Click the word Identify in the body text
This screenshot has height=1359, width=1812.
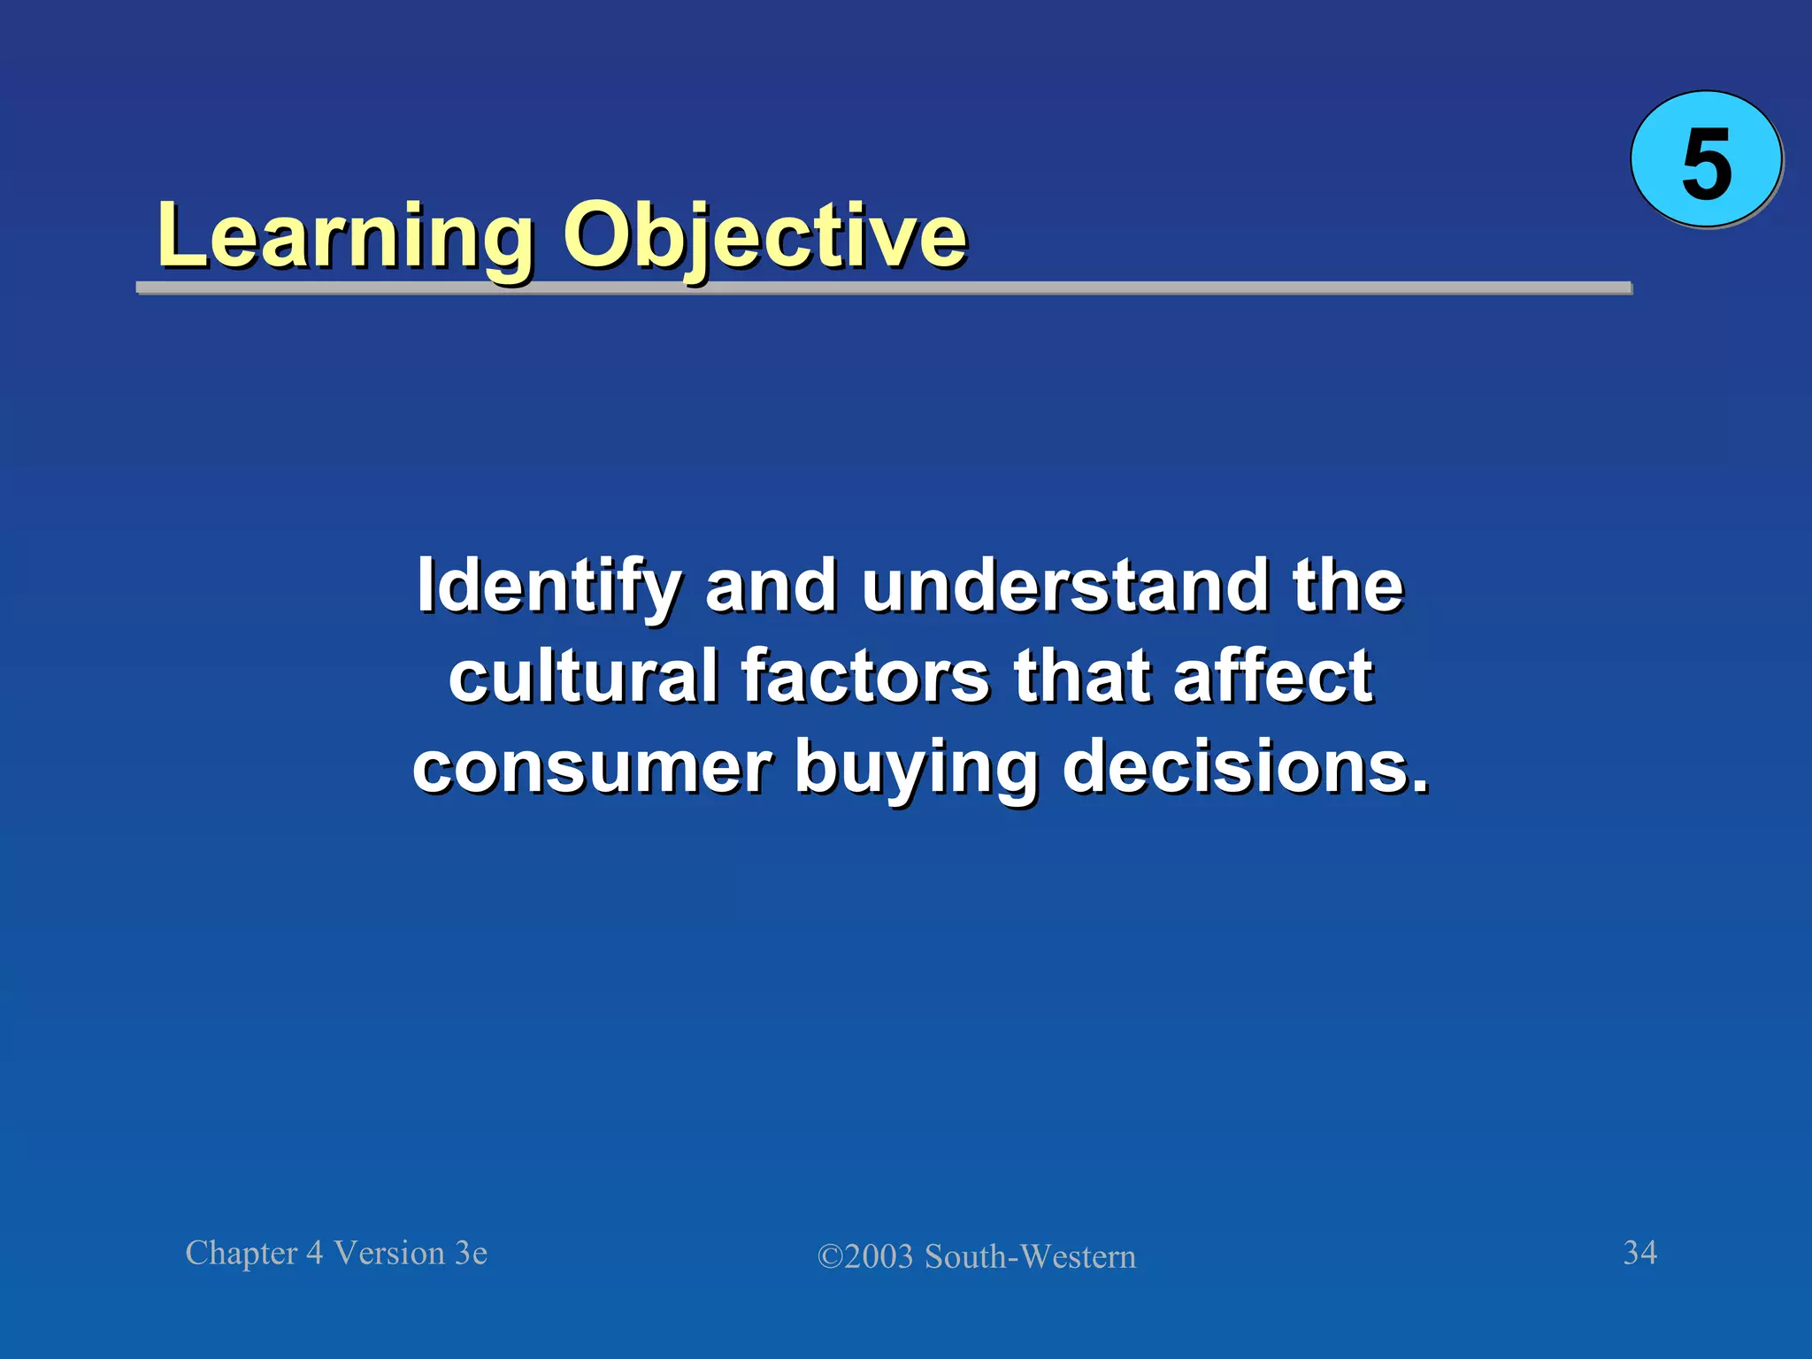tap(549, 587)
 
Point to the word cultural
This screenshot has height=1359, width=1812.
tap(583, 677)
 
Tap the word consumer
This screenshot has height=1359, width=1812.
tap(592, 767)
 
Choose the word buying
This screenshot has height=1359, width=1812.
tap(916, 769)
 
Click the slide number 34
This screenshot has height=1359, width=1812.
tap(1639, 1253)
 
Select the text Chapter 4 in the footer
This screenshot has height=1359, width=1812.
tap(254, 1254)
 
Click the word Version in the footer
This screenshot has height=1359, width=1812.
tap(389, 1254)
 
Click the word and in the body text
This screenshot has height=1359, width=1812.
tap(771, 586)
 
